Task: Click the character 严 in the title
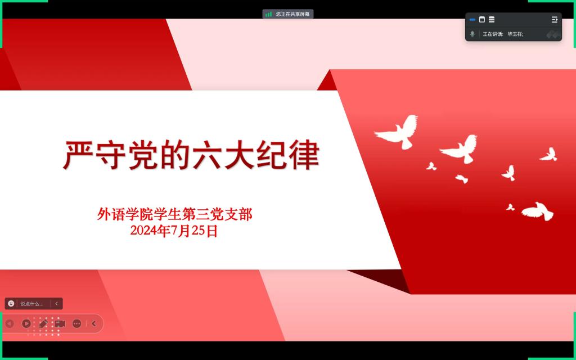pos(79,155)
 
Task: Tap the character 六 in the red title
pos(208,155)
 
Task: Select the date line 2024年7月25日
pos(174,231)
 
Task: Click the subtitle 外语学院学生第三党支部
pos(175,214)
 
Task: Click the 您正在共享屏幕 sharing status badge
pos(288,14)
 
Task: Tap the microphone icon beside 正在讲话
pos(472,34)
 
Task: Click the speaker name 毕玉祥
pos(515,34)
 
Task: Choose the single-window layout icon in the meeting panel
pos(482,20)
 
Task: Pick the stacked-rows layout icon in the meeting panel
pos(492,20)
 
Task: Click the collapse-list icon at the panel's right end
pos(554,20)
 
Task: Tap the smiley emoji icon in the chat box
pos(11,303)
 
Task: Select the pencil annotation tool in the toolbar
pos(43,323)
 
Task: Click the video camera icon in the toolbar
pos(60,323)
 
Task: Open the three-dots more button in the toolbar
pos(76,323)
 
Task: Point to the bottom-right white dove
pos(538,211)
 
